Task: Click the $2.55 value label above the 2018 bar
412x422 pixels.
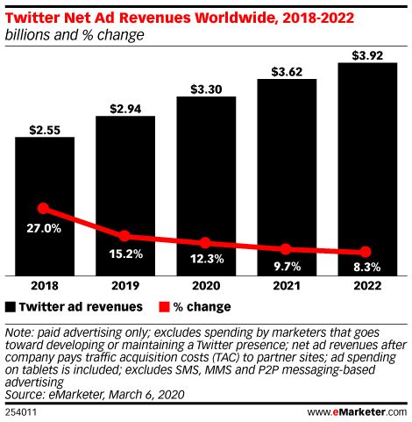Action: (45, 129)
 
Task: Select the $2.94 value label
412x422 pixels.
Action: (124, 108)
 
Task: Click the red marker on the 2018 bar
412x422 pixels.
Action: (45, 209)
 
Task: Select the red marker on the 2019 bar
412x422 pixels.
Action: (124, 236)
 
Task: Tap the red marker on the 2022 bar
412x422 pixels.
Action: (366, 252)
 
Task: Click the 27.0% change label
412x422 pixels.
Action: (45, 228)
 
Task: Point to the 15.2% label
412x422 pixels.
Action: (124, 255)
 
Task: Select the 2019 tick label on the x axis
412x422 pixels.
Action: (124, 286)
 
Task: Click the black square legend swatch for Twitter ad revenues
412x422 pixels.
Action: (11, 307)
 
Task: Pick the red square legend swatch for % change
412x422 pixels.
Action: (163, 307)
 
